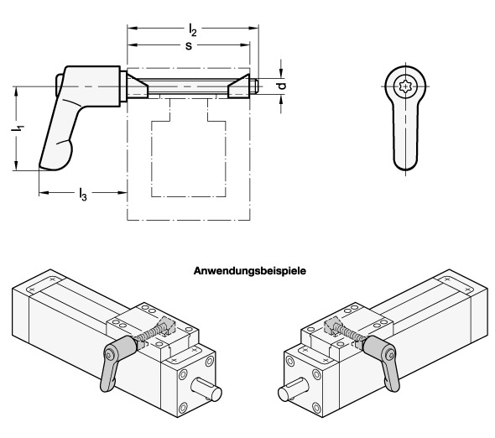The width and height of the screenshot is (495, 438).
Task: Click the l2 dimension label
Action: pos(193,30)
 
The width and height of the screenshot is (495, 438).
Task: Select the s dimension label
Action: pos(189,46)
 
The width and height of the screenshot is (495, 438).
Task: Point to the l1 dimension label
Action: pos(18,128)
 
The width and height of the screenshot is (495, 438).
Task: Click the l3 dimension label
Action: pos(83,194)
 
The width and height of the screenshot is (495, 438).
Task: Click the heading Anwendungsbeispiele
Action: pos(250,271)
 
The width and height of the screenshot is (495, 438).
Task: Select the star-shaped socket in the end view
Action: pos(405,86)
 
